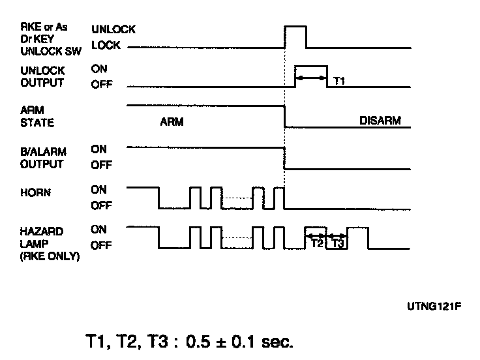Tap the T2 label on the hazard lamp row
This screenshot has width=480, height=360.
coord(316,243)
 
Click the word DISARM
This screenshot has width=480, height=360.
coord(380,121)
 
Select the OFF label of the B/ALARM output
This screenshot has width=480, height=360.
coord(100,166)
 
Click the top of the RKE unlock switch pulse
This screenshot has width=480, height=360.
coord(295,26)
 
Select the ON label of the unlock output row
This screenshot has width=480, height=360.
coord(98,68)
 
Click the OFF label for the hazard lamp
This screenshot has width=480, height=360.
coord(100,246)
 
